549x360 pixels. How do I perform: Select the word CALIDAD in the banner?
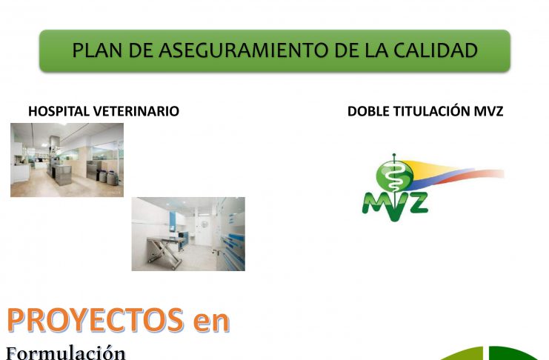pyautogui.click(x=436, y=50)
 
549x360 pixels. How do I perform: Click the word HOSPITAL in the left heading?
pyautogui.click(x=59, y=111)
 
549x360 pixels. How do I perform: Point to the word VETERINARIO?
pyautogui.click(x=136, y=111)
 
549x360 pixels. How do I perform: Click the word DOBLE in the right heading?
pyautogui.click(x=369, y=111)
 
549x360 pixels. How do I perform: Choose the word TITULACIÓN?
pyautogui.click(x=432, y=111)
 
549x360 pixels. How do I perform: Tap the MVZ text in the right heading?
pyautogui.click(x=488, y=111)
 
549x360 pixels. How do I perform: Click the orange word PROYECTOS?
pyautogui.click(x=96, y=320)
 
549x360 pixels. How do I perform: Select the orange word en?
pyautogui.click(x=211, y=323)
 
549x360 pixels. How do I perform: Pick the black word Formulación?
pyautogui.click(x=65, y=353)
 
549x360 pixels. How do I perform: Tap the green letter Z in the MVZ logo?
pyautogui.click(x=416, y=203)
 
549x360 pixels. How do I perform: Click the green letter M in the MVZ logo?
pyautogui.click(x=376, y=204)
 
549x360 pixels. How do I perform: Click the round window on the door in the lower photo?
pyautogui.click(x=204, y=224)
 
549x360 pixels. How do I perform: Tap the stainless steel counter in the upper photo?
pyautogui.click(x=63, y=174)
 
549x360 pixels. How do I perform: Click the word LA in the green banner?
pyautogui.click(x=376, y=50)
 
